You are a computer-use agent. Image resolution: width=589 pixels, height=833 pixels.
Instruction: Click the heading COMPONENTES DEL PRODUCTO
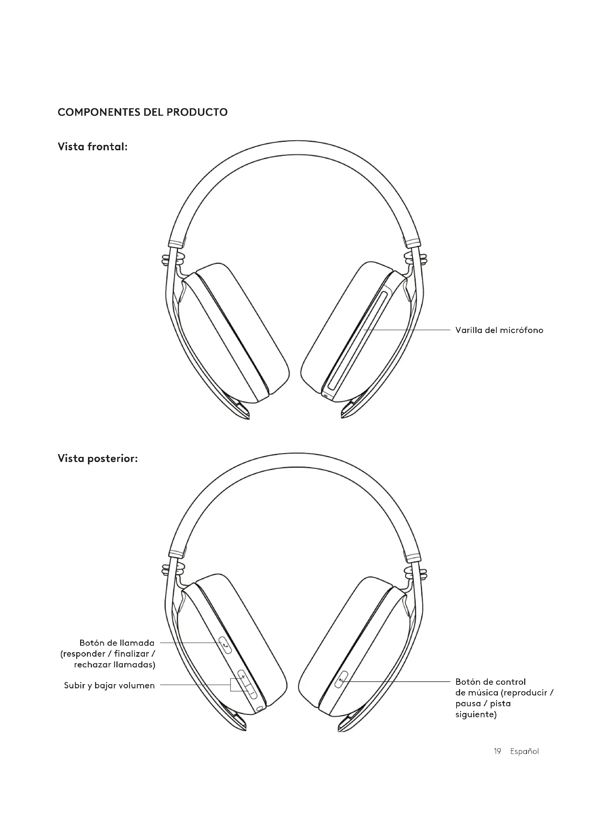(x=142, y=112)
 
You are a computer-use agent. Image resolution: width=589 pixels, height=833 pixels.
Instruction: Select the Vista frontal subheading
(x=93, y=147)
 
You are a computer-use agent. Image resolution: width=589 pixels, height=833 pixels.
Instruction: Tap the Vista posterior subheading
(x=98, y=459)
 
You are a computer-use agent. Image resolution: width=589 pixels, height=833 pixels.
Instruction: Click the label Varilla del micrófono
(x=499, y=330)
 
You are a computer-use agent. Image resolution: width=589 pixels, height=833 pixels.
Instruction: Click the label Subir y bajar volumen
(x=109, y=686)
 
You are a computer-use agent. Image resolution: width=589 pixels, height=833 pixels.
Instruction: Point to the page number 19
(x=497, y=751)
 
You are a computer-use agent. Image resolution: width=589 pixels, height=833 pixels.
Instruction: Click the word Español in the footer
(x=524, y=751)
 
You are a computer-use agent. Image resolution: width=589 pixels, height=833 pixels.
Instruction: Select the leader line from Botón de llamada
(x=189, y=642)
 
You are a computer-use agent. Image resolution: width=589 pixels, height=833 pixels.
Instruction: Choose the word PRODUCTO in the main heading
(x=197, y=112)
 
